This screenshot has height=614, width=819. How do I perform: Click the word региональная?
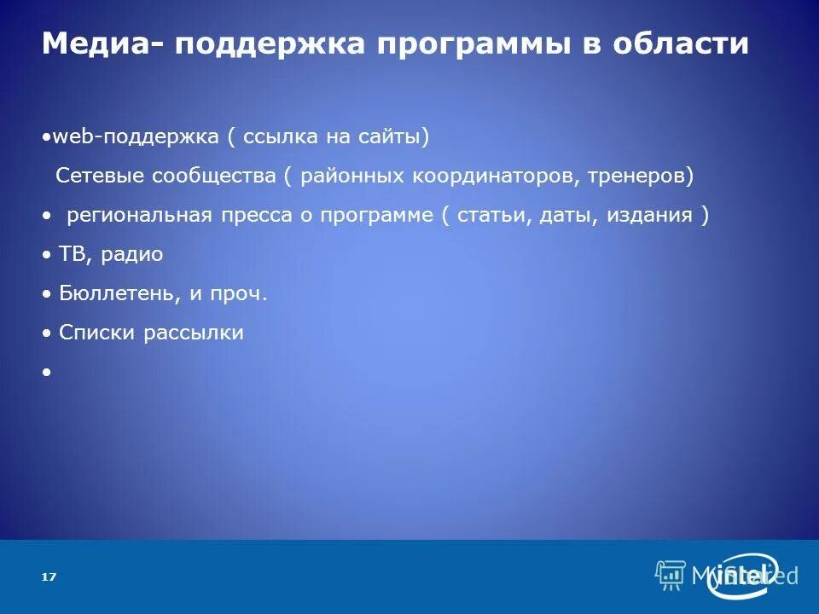139,215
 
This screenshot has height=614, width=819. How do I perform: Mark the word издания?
650,215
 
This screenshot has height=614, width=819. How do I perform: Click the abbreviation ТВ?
70,254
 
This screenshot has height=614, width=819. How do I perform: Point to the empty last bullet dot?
45,373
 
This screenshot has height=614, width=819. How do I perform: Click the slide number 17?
49,577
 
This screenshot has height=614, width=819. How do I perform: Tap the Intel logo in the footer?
746,576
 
